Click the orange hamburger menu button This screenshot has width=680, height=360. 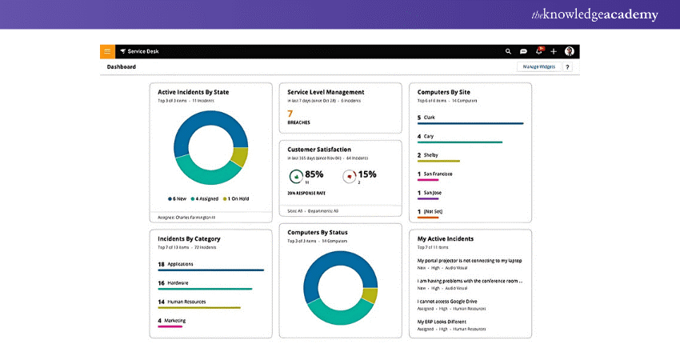107,51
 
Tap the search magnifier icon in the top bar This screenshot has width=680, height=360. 508,51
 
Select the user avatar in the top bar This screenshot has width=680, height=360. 569,51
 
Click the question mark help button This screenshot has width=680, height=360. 567,67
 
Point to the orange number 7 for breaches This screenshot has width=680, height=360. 290,114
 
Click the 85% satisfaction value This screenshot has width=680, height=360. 314,174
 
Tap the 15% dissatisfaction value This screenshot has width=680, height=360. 366,174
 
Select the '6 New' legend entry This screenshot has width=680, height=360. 177,198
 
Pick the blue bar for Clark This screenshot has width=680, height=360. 470,123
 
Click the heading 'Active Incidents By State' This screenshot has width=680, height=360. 193,92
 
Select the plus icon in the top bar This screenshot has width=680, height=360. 554,51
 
